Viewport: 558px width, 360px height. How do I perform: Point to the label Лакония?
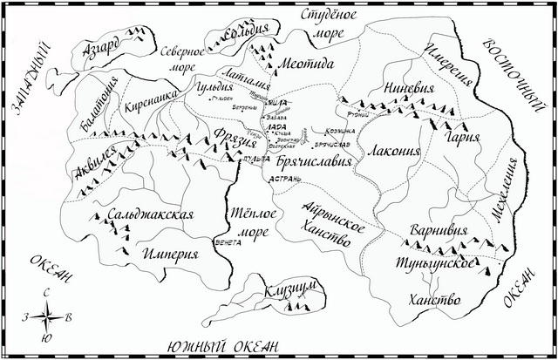pyautogui.click(x=394, y=150)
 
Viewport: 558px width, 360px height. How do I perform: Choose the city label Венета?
pyautogui.click(x=227, y=243)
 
